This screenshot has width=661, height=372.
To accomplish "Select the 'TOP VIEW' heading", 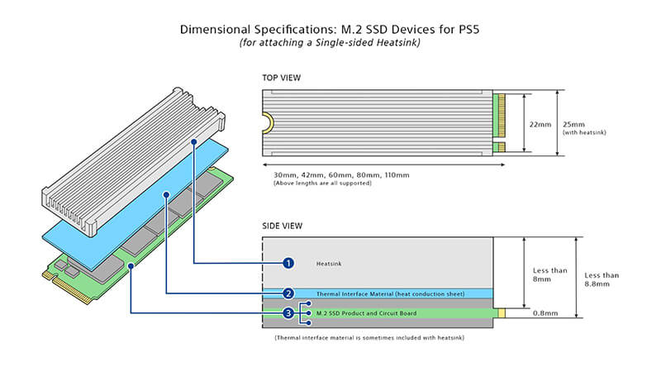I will tap(282, 78).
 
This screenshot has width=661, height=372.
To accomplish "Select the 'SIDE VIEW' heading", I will tap(283, 226).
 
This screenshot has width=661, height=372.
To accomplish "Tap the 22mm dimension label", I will tap(540, 123).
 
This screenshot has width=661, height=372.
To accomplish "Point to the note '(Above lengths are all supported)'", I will tap(322, 184).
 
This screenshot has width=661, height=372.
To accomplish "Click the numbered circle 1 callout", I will tap(288, 263).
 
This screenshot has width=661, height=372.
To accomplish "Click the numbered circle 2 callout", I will tap(288, 293).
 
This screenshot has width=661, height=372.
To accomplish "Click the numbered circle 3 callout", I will tap(288, 313).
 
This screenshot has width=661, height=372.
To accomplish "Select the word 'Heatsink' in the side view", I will tap(328, 264).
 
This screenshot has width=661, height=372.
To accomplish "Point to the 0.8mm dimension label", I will tap(544, 313).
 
